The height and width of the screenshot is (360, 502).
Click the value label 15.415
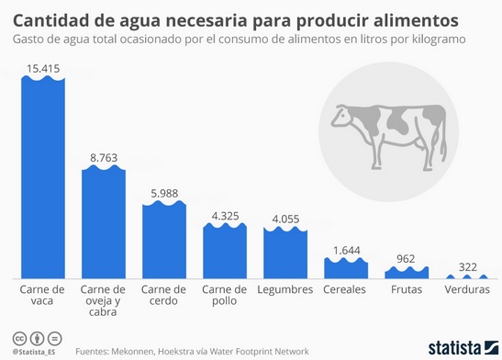point(43,69)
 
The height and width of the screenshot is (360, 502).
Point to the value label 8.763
point(104,158)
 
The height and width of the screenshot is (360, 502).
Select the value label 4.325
point(225,216)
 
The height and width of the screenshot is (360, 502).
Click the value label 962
point(406,259)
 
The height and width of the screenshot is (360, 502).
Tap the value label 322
point(466,267)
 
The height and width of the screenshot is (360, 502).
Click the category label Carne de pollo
point(225,296)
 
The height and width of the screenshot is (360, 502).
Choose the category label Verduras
point(466,289)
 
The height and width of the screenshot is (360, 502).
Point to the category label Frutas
point(406,289)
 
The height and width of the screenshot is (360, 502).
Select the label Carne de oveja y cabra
point(104,301)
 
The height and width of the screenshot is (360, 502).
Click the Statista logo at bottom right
point(459,348)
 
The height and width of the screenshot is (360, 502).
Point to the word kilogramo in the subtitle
point(435,41)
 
